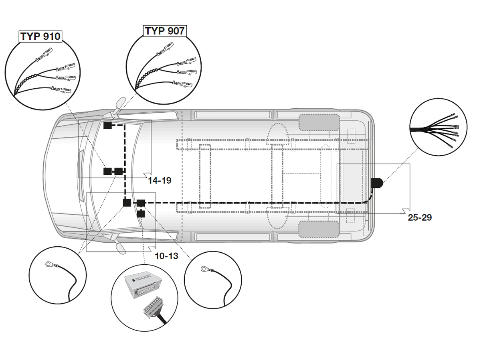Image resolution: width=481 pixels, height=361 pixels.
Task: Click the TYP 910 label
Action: pyautogui.click(x=40, y=37)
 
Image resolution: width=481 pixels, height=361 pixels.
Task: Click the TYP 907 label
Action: pyautogui.click(x=165, y=31)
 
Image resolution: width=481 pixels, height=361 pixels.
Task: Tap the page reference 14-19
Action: pyautogui.click(x=160, y=180)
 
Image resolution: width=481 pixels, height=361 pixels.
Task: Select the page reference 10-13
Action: pyautogui.click(x=166, y=256)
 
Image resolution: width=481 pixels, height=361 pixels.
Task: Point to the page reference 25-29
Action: pyautogui.click(x=420, y=217)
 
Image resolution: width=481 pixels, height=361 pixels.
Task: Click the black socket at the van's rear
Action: pyautogui.click(x=377, y=183)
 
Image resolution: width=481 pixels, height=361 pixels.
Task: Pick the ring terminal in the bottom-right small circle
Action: pyautogui.click(x=205, y=268)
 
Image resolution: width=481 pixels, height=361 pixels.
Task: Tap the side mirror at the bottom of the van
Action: pyautogui.click(x=120, y=247)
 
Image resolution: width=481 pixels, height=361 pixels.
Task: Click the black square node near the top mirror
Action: pyautogui.click(x=107, y=126)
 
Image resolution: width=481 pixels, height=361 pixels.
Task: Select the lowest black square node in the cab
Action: pyautogui.click(x=141, y=214)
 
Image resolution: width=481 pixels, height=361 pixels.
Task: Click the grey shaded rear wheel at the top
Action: pyautogui.click(x=319, y=122)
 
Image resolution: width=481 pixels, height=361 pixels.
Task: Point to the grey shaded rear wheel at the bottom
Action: pyautogui.click(x=319, y=229)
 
